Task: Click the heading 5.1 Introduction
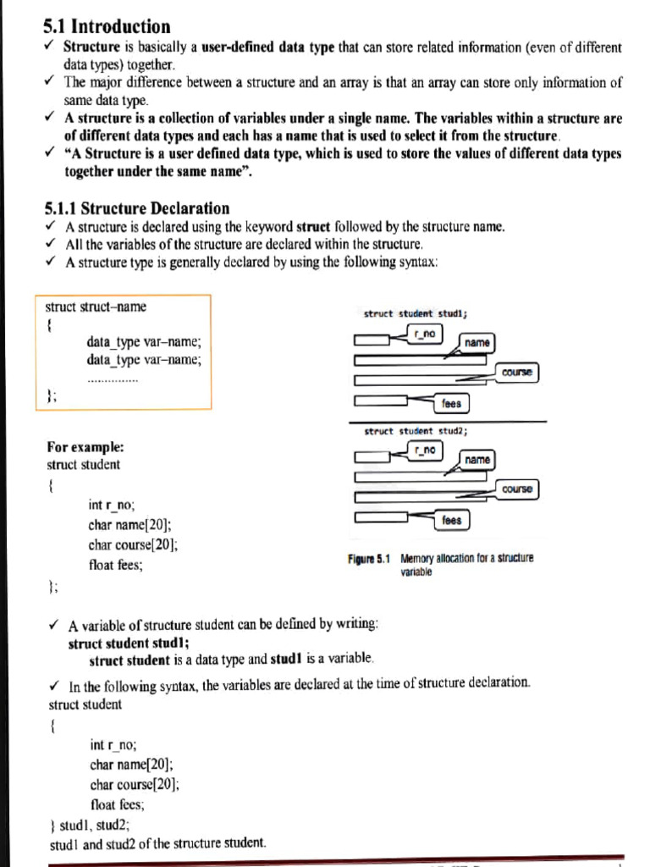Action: tap(107, 26)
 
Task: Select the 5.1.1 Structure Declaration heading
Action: tap(136, 207)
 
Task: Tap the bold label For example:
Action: tap(85, 446)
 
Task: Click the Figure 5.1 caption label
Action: tap(369, 559)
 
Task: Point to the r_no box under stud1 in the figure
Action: tap(426, 334)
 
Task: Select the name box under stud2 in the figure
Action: tap(477, 459)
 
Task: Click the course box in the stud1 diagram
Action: tap(518, 373)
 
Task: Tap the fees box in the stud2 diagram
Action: tap(452, 520)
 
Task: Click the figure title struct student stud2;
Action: tap(416, 431)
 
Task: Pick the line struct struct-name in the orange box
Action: tap(95, 306)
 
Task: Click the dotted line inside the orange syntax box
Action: tap(113, 380)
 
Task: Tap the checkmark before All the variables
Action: tap(52, 244)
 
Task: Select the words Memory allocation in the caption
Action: tap(439, 559)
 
